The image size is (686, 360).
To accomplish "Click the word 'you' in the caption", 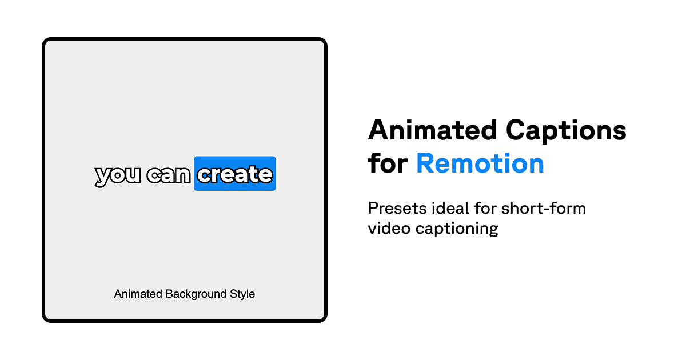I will [117, 175].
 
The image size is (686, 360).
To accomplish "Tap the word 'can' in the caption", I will [168, 175].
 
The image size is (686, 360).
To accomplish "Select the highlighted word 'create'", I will [234, 174].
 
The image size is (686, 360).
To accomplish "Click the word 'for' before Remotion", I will [387, 163].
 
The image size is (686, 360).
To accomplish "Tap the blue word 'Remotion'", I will [480, 163].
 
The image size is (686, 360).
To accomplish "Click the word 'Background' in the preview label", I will [192, 294].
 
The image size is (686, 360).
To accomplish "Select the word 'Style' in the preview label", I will [242, 294].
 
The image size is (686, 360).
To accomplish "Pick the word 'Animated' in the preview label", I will [138, 294].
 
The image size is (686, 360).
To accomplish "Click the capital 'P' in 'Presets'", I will [373, 208].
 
